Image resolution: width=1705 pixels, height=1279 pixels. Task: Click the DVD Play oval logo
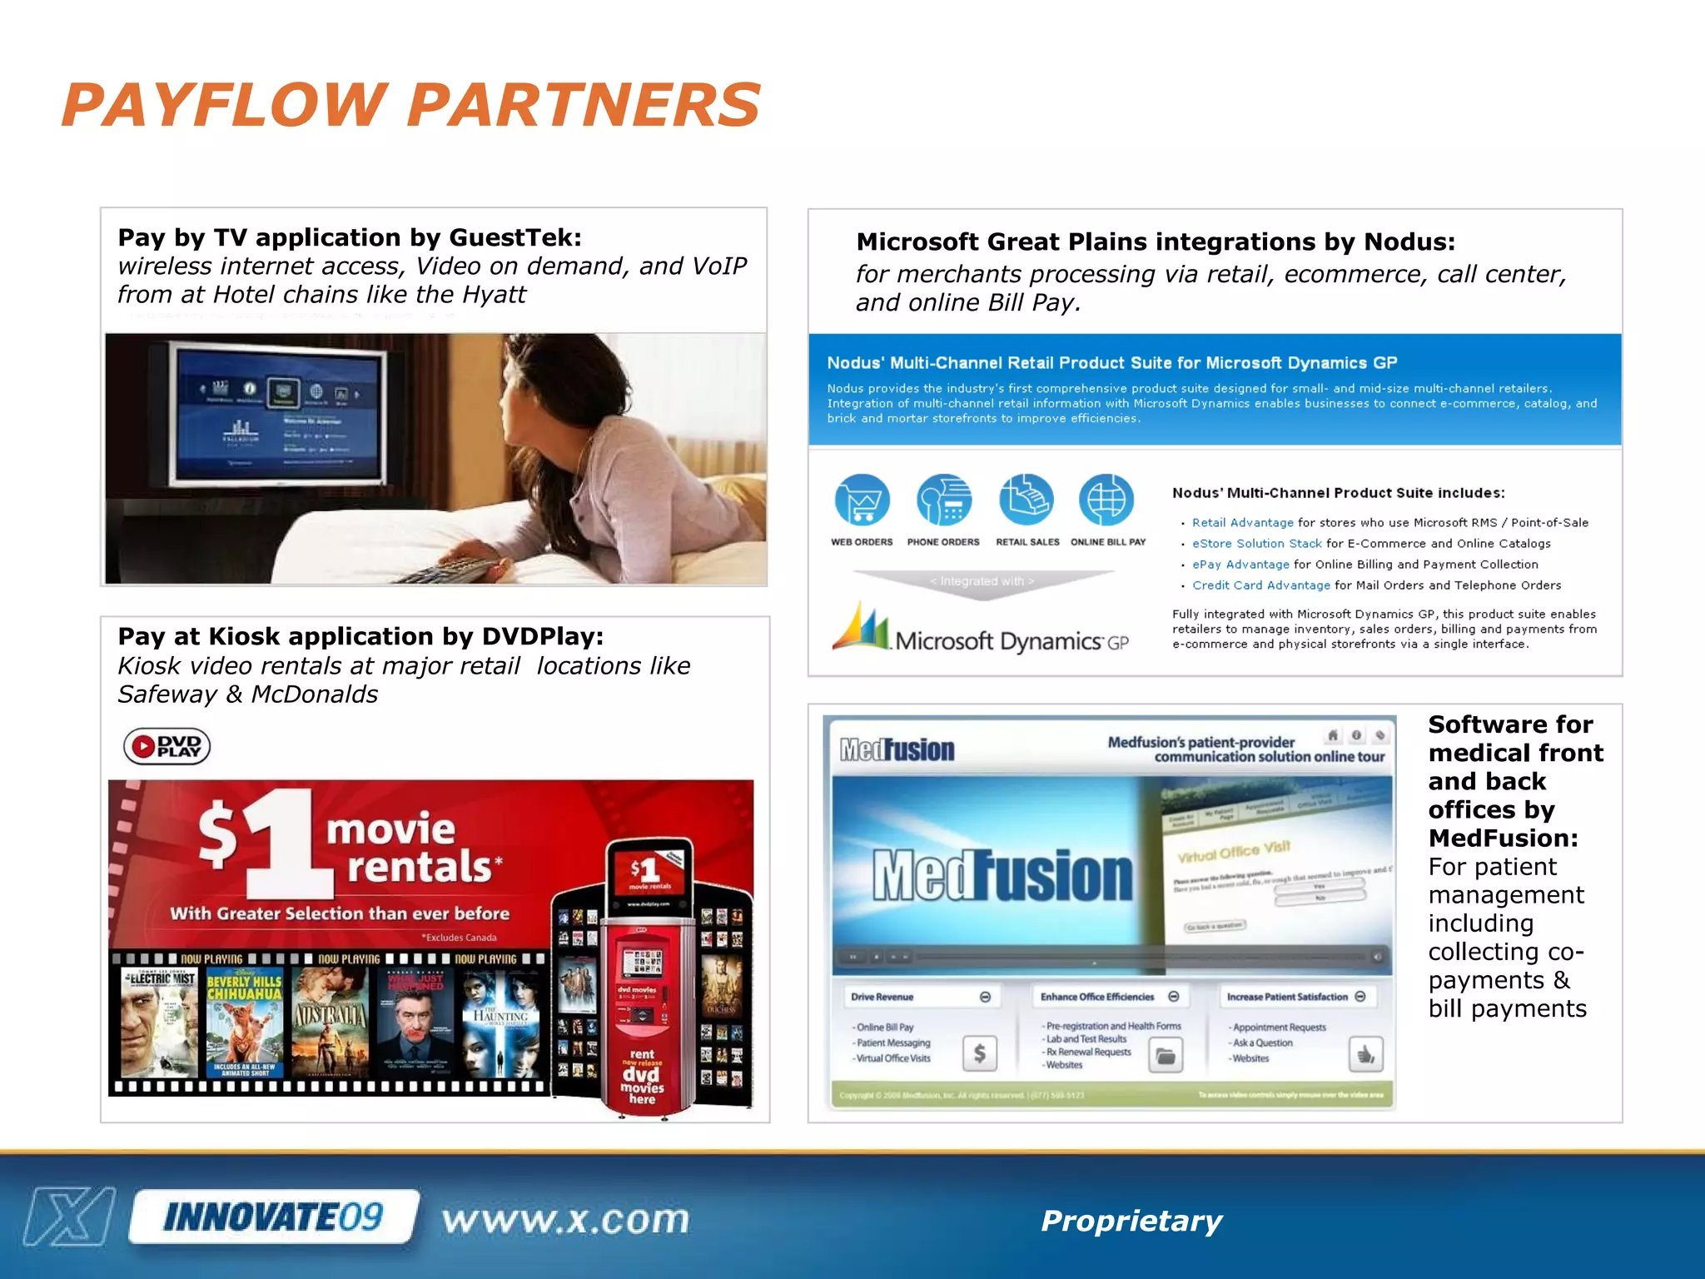(167, 746)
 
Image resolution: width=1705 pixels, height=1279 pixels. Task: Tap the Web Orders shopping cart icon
(862, 500)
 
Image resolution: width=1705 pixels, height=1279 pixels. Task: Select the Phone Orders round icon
(943, 500)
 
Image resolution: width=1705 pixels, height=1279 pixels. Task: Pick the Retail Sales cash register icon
(1026, 500)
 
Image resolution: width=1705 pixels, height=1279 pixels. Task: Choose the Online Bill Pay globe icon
(1106, 500)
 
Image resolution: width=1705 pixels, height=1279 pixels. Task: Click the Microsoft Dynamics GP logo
(981, 630)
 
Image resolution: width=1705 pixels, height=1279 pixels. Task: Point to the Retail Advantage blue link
(1242, 523)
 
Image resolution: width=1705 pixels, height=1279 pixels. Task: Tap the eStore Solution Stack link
(1256, 544)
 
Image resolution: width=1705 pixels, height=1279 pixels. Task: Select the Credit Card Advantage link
(1260, 585)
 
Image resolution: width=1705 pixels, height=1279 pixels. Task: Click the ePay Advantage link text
(1240, 565)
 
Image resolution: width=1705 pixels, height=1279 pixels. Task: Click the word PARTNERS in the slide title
(583, 106)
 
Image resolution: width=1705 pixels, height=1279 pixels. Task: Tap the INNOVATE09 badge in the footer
(273, 1217)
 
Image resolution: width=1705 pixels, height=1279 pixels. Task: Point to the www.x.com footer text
(565, 1220)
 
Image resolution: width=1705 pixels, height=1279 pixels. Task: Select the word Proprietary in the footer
(1131, 1221)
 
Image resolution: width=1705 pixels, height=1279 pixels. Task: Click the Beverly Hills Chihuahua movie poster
(245, 1023)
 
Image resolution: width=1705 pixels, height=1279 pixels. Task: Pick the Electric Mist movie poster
(159, 1023)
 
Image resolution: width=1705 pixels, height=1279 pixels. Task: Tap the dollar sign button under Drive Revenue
(980, 1053)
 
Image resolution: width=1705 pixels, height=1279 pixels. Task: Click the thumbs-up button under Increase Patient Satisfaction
(1365, 1055)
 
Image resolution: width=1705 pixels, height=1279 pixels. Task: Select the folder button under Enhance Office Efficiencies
(1166, 1056)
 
